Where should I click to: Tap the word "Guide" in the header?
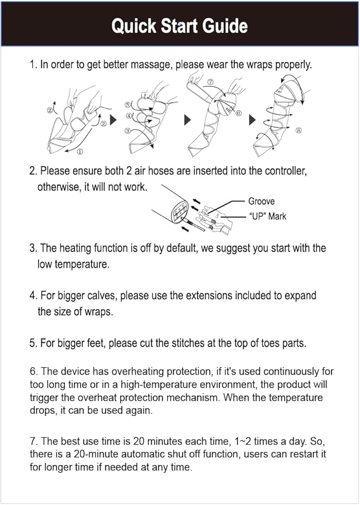pyautogui.click(x=225, y=26)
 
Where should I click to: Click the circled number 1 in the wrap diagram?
pyautogui.click(x=79, y=152)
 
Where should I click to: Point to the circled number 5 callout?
pyautogui.click(x=127, y=105)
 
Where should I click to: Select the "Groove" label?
pyautogui.click(x=261, y=201)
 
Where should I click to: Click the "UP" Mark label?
pyautogui.click(x=267, y=216)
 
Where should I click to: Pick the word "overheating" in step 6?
pyautogui.click(x=108, y=372)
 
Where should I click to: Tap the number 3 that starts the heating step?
pyautogui.click(x=32, y=248)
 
